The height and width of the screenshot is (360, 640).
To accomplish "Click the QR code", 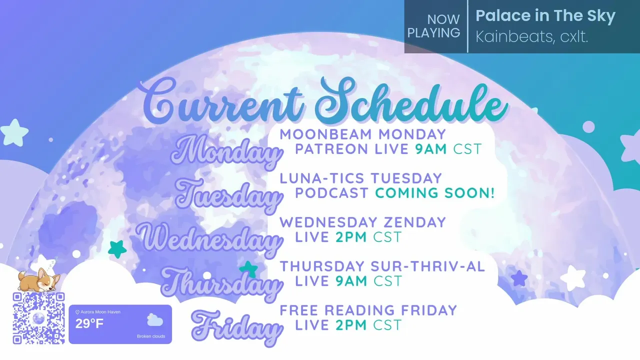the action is pos(38,318).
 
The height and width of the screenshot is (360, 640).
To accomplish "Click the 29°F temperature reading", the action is pos(89,324).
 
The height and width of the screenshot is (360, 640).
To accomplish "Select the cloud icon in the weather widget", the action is pos(155,320).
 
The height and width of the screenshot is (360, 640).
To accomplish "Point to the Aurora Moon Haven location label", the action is pos(97,312).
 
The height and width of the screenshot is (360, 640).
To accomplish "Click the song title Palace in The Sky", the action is pos(545,15).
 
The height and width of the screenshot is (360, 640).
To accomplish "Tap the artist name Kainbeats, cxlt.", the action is pos(531,37).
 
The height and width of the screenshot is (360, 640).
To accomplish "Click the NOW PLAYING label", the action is pos(433,26).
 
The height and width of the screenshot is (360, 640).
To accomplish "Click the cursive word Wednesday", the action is pos(209,240).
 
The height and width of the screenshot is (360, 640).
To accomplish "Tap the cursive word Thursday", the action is pos(221,284).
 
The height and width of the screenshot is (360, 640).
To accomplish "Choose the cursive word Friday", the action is pos(236,328).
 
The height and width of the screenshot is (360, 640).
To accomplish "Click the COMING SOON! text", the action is pos(434,193).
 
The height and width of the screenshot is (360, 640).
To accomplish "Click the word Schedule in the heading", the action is pos(411,101).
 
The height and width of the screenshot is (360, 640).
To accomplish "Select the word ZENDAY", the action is pos(414,222).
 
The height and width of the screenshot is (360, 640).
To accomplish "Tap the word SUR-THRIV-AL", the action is pos(427,266).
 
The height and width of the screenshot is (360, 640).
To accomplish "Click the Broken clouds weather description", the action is pos(151,336).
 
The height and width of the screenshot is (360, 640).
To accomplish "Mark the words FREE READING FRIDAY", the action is pos(368,310).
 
